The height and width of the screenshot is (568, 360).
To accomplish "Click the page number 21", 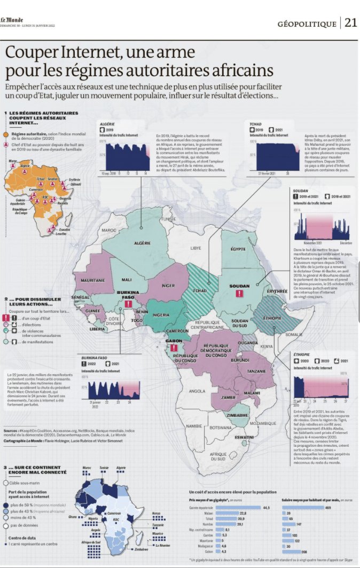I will (x=350, y=22).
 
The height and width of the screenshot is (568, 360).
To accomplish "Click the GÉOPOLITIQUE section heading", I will (x=307, y=23).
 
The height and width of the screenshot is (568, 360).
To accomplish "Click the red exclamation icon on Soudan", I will (x=240, y=293).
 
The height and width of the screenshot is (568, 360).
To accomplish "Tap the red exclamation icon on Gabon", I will (x=174, y=349).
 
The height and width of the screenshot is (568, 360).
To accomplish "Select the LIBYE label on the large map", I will (x=197, y=248).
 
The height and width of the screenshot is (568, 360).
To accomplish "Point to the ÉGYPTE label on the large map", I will (x=238, y=249).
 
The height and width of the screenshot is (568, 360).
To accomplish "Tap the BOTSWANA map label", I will (x=220, y=428).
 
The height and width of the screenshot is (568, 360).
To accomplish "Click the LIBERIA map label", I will (x=97, y=329).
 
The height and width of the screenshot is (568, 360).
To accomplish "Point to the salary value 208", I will (x=303, y=551).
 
